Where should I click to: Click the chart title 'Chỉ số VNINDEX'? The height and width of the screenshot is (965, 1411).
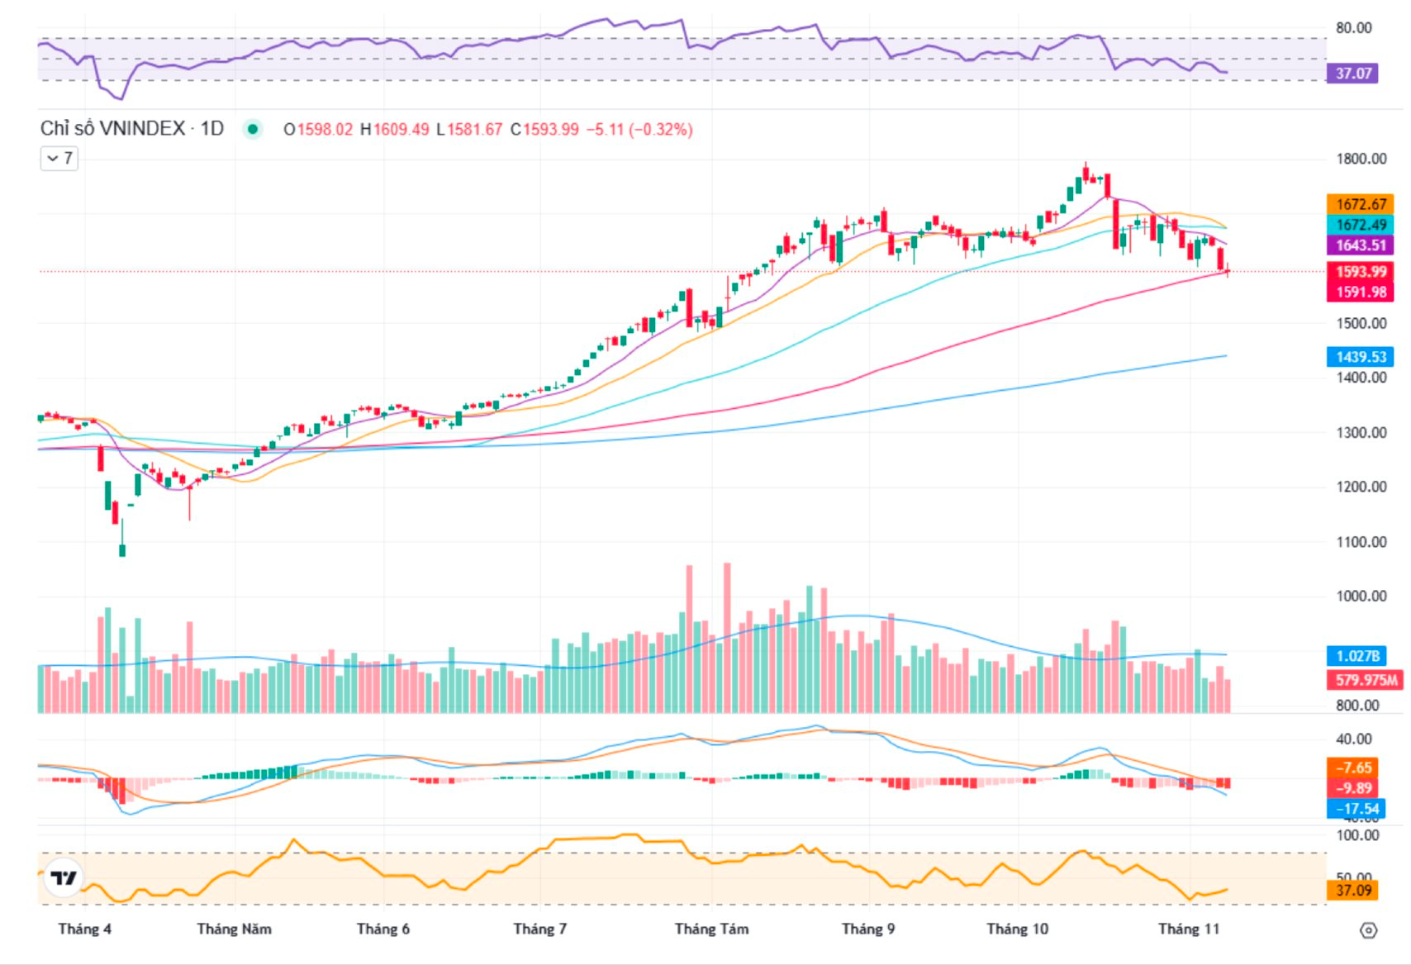pyautogui.click(x=112, y=129)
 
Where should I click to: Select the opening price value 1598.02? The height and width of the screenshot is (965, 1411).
pyautogui.click(x=325, y=130)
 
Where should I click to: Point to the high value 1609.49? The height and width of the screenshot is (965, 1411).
pyautogui.click(x=401, y=130)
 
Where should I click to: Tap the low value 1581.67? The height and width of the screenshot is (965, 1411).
pyautogui.click(x=474, y=130)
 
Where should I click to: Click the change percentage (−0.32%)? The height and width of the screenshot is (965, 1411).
pyautogui.click(x=661, y=130)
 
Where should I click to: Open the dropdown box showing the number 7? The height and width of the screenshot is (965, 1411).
pyautogui.click(x=59, y=158)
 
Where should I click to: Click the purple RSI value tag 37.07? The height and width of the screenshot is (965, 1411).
pyautogui.click(x=1353, y=74)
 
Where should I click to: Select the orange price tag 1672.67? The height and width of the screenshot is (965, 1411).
pyautogui.click(x=1361, y=204)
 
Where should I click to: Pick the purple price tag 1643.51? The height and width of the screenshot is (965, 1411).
pyautogui.click(x=1361, y=245)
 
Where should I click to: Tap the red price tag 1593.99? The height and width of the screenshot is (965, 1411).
pyautogui.click(x=1361, y=272)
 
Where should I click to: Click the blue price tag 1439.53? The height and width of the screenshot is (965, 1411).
pyautogui.click(x=1361, y=357)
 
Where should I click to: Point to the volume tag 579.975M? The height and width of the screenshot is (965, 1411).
pyautogui.click(x=1366, y=680)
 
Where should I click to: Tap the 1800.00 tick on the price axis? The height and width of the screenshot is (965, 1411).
pyautogui.click(x=1361, y=159)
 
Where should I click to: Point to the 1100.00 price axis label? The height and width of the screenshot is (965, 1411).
pyautogui.click(x=1361, y=542)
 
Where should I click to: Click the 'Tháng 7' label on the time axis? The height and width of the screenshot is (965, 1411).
pyautogui.click(x=539, y=929)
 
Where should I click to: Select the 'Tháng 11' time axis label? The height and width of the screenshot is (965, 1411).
pyautogui.click(x=1188, y=929)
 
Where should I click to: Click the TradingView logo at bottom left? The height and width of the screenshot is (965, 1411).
pyautogui.click(x=64, y=877)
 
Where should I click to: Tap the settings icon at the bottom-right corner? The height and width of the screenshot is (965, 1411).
pyautogui.click(x=1368, y=930)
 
